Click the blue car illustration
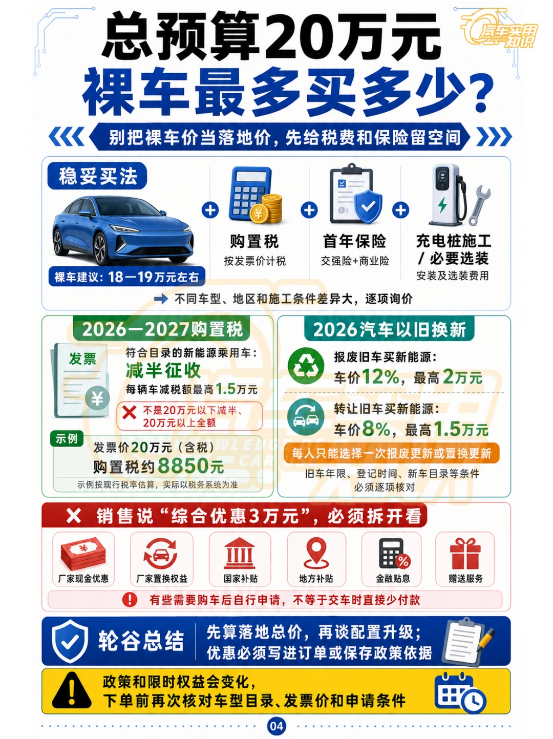123,230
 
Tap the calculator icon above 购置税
255,195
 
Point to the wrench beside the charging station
479,205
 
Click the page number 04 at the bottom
276,726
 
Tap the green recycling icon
306,366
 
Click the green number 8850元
191,466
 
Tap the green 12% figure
380,376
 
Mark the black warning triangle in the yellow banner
72,690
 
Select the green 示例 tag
67,439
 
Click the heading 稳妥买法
98,176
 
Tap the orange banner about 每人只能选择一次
391,453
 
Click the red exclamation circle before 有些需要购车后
130,600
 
